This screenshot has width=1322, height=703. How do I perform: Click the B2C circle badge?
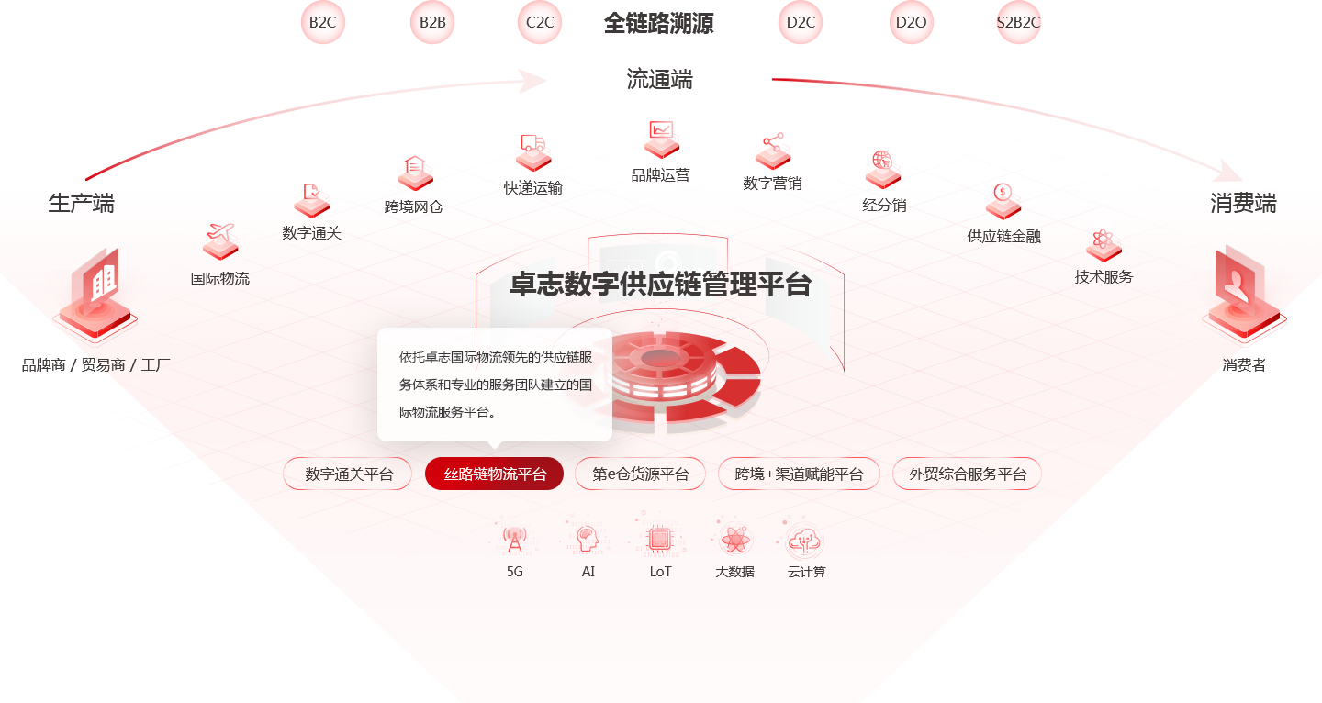[x=323, y=22]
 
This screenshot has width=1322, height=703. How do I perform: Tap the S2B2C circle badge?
[x=1018, y=22]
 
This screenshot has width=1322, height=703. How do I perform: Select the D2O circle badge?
[x=912, y=22]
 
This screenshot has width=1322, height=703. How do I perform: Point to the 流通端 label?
[x=659, y=79]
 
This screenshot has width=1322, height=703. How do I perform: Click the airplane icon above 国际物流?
[x=220, y=232]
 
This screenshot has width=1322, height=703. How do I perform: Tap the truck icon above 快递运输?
[x=532, y=143]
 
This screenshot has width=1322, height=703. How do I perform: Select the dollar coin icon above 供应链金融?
[x=1003, y=192]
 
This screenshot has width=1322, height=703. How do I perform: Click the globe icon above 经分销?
[x=882, y=160]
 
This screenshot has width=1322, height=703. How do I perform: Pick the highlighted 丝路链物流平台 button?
[x=494, y=474]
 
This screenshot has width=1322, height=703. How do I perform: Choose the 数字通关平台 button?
[x=348, y=474]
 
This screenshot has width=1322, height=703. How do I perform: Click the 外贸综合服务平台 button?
[x=967, y=474]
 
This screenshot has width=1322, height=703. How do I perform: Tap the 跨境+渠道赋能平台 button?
[x=799, y=474]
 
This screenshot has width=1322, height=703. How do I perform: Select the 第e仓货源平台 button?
[x=641, y=474]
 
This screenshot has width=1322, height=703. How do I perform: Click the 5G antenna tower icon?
[x=515, y=540]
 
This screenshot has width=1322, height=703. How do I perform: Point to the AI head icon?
[x=588, y=539]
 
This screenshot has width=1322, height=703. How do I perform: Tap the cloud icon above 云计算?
[x=804, y=541]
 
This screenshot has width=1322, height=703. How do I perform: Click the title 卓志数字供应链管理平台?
[x=660, y=284]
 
